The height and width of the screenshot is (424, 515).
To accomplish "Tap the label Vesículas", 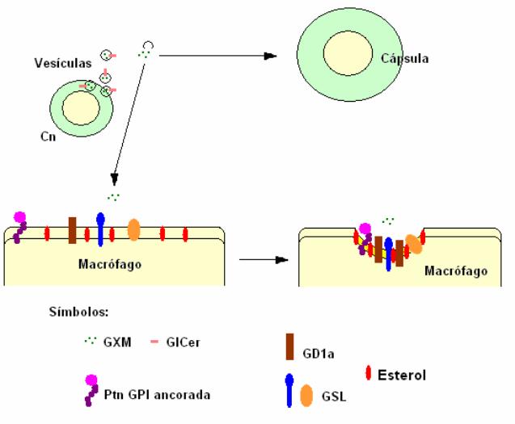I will point(61,62).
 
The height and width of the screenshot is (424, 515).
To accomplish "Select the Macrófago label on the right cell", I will point(456,272).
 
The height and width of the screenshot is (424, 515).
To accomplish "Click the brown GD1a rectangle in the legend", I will point(289,346).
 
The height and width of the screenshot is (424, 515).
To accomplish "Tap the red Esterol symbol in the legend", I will point(368,373).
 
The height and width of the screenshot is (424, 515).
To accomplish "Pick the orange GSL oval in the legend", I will point(306,395).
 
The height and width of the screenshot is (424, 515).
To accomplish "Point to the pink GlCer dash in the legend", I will point(154,342).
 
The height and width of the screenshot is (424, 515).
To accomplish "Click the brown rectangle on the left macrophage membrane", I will point(73,229).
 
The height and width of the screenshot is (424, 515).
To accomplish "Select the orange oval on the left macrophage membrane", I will point(134,229).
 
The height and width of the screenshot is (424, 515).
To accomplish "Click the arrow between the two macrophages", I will point(264,260).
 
